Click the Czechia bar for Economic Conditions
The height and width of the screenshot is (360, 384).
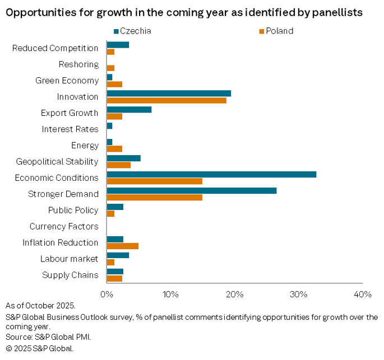[x=211, y=174]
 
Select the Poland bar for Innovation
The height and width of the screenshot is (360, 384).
[x=166, y=100]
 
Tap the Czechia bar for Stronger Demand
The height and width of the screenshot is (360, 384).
[x=191, y=190]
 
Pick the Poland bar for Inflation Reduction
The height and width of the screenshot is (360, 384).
[x=122, y=246]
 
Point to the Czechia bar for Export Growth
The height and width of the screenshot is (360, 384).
[x=129, y=109]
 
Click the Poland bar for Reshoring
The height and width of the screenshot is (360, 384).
[x=110, y=68]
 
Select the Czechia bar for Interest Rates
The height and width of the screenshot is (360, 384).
[x=109, y=125]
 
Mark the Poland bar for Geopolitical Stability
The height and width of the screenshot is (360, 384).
[x=118, y=165]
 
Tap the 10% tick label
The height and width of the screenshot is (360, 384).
[x=170, y=294]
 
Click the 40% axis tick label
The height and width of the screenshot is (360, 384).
[x=363, y=294]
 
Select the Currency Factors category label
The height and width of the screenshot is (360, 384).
[x=64, y=227]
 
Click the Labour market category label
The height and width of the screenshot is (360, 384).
[x=69, y=259]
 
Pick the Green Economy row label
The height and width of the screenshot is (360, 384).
[x=67, y=80]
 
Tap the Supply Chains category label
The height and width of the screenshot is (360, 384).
[x=70, y=275]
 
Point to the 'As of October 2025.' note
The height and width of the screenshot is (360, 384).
[x=40, y=306]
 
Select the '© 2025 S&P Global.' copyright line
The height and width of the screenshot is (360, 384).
[x=39, y=348]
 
